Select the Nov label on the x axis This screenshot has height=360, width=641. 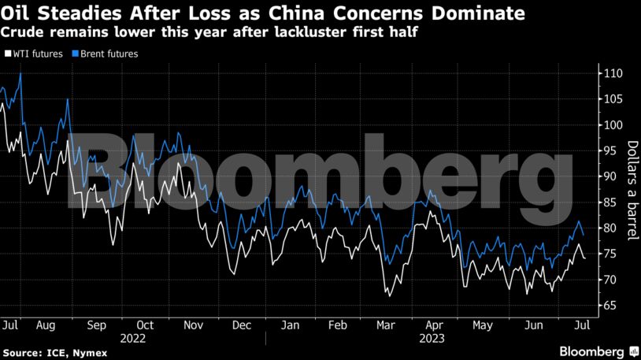[193, 325]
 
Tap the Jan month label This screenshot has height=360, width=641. [291, 325]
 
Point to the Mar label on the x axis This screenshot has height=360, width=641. [386, 325]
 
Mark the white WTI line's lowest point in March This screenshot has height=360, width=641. [387, 295]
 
